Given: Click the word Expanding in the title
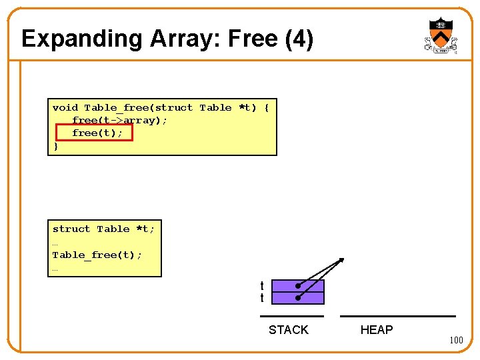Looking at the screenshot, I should point(69,39).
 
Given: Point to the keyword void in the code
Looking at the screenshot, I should point(65,107).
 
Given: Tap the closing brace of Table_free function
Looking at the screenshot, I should point(56,145).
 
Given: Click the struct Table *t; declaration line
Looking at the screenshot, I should point(103,229).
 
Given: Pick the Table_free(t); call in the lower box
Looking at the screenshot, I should point(97,255).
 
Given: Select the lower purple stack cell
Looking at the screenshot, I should point(298,298).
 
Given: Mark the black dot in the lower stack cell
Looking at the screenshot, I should point(297,298).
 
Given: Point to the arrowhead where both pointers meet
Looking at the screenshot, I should point(341,260).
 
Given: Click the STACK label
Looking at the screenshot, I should point(288,330).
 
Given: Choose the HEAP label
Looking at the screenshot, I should point(377,330).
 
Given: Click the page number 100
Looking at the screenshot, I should point(456,341).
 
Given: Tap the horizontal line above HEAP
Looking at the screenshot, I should point(398,316).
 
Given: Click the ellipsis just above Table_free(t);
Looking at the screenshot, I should point(55,243).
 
